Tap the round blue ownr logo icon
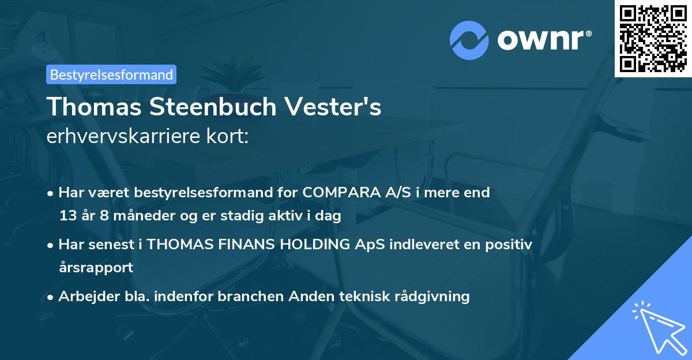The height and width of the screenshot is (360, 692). click(469, 40)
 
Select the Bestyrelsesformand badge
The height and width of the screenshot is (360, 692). click(111, 74)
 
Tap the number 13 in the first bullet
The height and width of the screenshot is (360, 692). click(67, 216)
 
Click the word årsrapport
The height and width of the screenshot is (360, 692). click(96, 268)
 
